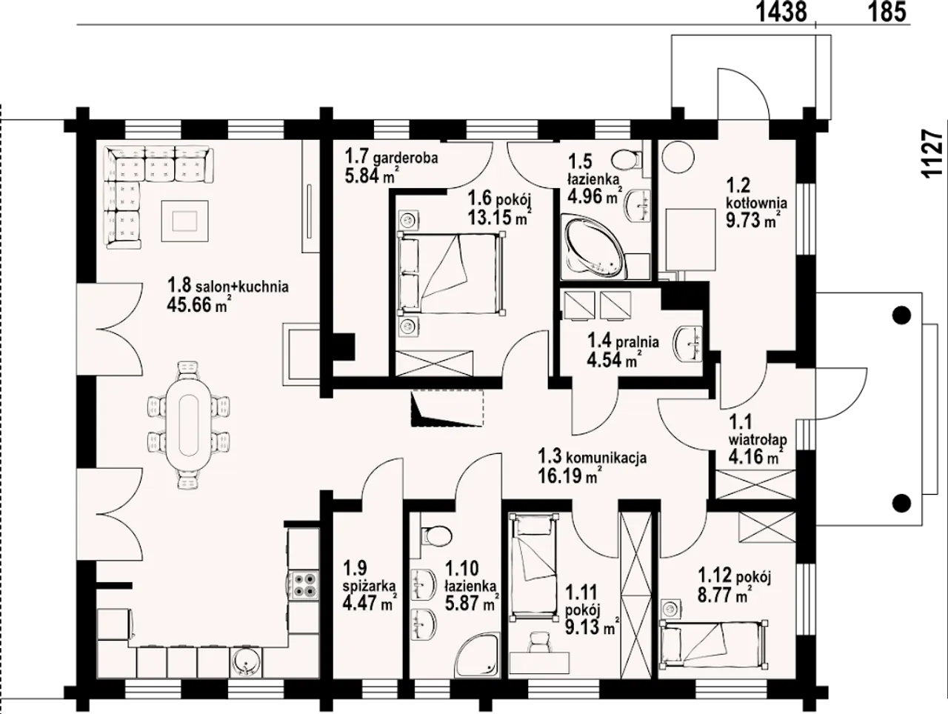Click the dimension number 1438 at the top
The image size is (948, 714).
pyautogui.click(x=782, y=13)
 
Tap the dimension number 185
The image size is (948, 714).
pyautogui.click(x=886, y=13)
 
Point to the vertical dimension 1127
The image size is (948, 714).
pyautogui.click(x=932, y=153)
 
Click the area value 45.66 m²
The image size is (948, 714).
pyautogui.click(x=197, y=304)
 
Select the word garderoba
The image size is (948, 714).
pyautogui.click(x=405, y=158)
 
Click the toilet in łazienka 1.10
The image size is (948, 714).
pyautogui.click(x=436, y=535)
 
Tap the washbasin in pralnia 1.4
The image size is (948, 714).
pyautogui.click(x=689, y=344)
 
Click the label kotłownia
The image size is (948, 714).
pyautogui.click(x=756, y=203)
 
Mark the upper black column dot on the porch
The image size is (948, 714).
pyautogui.click(x=901, y=316)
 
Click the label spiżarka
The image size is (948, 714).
pyautogui.click(x=369, y=587)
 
